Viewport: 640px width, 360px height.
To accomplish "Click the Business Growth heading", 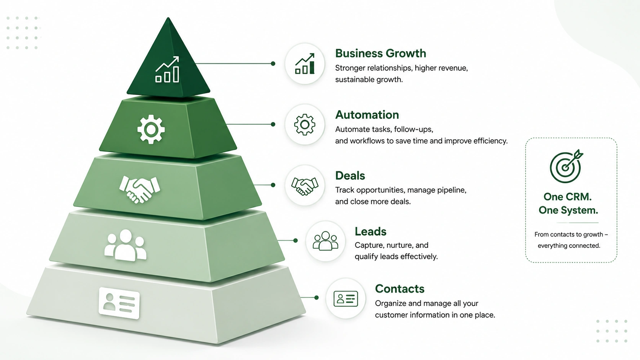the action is tap(380, 54).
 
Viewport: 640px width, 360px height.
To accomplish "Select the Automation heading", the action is tap(367, 115).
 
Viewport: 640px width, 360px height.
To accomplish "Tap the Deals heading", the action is tap(350, 176).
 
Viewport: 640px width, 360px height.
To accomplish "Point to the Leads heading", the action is tap(370, 231).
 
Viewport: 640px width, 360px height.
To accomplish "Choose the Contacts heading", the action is tap(400, 288).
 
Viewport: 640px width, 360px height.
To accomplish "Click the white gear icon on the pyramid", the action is tap(151, 130).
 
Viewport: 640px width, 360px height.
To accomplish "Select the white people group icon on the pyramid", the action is tap(126, 245).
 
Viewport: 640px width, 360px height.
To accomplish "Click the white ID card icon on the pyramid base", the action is tap(119, 303).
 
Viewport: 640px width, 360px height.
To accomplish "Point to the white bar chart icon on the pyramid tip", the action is tap(167, 69).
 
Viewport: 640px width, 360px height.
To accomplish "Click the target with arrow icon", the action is tap(566, 166).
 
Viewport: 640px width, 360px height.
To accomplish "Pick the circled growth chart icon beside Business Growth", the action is tap(305, 64).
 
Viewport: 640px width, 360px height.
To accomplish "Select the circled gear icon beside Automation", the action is tap(305, 124).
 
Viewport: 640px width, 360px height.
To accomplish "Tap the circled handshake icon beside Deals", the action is tap(305, 185).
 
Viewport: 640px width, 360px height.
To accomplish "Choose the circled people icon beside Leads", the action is tap(325, 241).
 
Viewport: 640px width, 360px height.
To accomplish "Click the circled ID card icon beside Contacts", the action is tap(346, 298).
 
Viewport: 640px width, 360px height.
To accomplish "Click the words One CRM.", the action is tap(567, 197).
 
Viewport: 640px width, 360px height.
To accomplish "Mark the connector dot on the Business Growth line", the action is tap(273, 64).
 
